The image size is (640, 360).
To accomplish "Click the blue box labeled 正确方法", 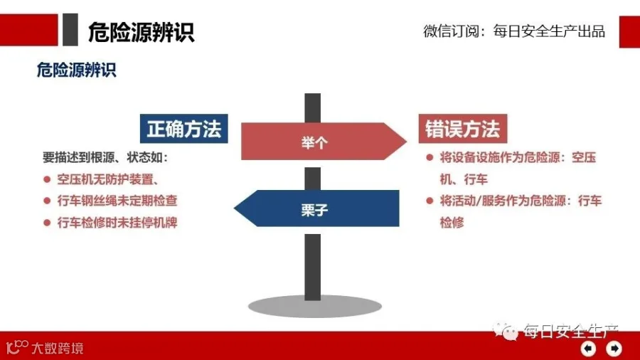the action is click(183, 129).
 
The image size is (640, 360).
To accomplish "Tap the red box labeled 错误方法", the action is click(463, 129).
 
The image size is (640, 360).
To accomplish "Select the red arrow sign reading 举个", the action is click(324, 141).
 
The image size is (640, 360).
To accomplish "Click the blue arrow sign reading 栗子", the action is click(316, 208).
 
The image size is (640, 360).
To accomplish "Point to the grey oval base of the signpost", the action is click(315, 306).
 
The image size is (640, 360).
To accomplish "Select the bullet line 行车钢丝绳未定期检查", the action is click(117, 201).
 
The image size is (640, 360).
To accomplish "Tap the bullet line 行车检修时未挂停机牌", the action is click(117, 223).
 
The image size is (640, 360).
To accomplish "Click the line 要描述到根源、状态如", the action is click(105, 157).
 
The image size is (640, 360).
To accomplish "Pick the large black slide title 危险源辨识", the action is click(142, 32).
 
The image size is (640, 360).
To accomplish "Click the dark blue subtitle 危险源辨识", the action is click(76, 70).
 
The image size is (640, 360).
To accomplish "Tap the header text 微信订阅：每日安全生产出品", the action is click(514, 31).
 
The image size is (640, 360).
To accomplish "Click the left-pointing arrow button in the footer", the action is click(588, 348).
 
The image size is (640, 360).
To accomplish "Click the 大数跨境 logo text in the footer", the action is click(58, 348).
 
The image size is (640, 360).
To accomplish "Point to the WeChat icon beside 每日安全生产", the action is click(506, 331).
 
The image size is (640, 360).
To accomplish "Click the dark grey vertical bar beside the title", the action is click(70, 29).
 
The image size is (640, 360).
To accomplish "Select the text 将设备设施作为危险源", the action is click(499, 157).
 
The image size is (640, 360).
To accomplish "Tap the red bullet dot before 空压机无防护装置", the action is click(47, 179).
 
